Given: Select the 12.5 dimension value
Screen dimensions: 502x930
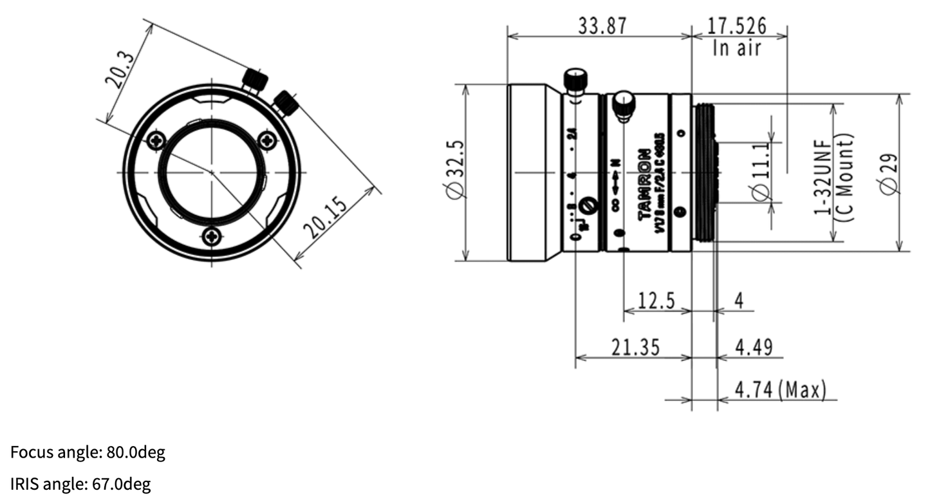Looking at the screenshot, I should pos(656,301).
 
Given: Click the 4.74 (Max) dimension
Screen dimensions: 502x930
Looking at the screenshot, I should pos(779,390).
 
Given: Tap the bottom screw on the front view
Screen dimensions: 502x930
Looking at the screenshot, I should pos(212,237).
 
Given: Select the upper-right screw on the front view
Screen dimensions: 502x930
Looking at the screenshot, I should pos(267,140).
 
